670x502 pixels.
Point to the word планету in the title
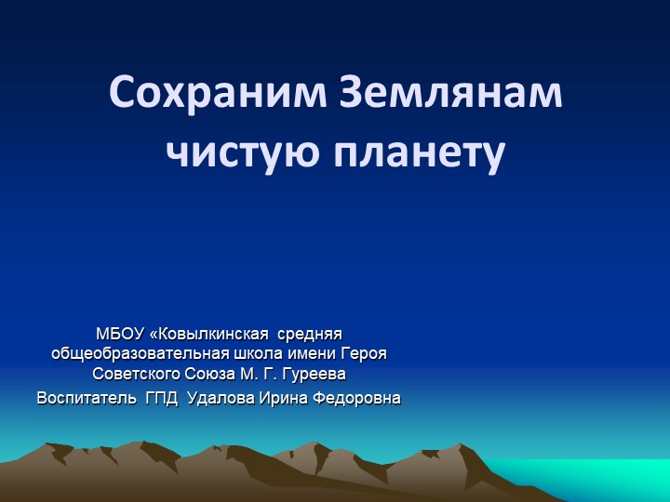point(414,152)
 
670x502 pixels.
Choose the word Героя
point(366,353)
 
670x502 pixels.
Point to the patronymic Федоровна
point(357,399)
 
